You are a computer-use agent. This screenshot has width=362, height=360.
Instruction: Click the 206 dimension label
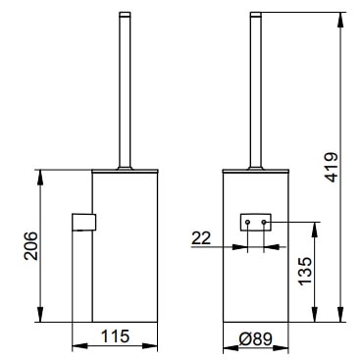31,245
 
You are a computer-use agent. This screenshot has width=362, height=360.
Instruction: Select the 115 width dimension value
115,336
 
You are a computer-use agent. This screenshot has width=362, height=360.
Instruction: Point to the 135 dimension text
305,271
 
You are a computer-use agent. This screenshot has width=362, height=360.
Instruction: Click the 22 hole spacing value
201,238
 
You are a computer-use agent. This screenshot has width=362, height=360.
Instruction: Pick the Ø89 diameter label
255,339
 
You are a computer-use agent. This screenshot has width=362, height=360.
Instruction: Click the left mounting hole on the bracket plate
247,223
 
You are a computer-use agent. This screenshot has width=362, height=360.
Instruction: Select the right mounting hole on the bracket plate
264,223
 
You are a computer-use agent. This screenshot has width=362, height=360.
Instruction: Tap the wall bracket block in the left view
83,222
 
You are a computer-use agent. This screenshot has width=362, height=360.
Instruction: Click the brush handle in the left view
125,90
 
